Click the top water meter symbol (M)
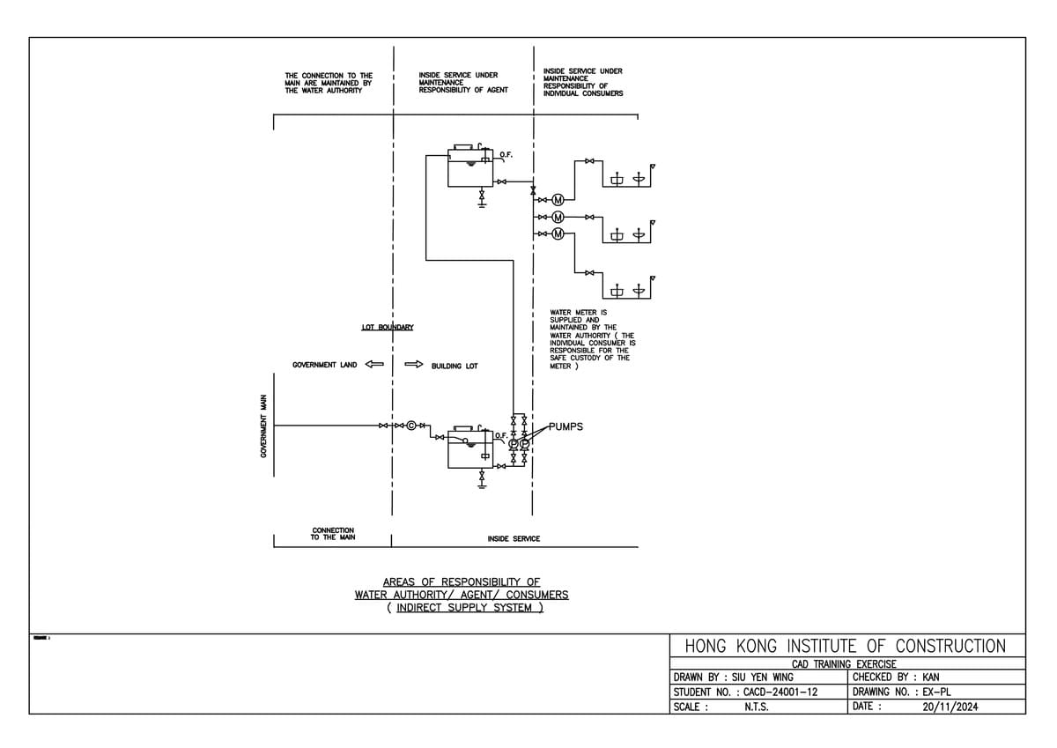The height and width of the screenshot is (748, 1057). pyautogui.click(x=558, y=200)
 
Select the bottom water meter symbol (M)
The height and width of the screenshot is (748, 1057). pyautogui.click(x=558, y=233)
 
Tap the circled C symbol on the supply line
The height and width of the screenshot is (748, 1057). pyautogui.click(x=410, y=426)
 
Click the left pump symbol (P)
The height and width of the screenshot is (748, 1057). pyautogui.click(x=514, y=444)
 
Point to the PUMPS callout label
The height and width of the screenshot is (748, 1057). pyautogui.click(x=565, y=426)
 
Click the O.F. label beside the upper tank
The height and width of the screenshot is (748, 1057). pyautogui.click(x=506, y=155)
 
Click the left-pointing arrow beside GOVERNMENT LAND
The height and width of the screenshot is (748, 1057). pyautogui.click(x=374, y=365)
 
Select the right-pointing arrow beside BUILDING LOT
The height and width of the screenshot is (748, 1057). pyautogui.click(x=414, y=365)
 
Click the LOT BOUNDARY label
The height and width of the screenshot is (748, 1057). pyautogui.click(x=388, y=328)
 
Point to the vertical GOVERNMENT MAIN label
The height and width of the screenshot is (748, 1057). pyautogui.click(x=262, y=426)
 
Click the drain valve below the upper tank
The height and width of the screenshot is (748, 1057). pyautogui.click(x=482, y=195)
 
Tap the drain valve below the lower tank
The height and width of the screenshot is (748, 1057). pyautogui.click(x=482, y=477)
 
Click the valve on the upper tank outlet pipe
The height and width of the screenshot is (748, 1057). pyautogui.click(x=501, y=182)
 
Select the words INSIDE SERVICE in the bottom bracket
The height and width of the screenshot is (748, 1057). pyautogui.click(x=514, y=538)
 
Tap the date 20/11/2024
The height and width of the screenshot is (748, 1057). pyautogui.click(x=950, y=707)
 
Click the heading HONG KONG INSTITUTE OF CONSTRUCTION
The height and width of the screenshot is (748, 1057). pyautogui.click(x=845, y=646)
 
